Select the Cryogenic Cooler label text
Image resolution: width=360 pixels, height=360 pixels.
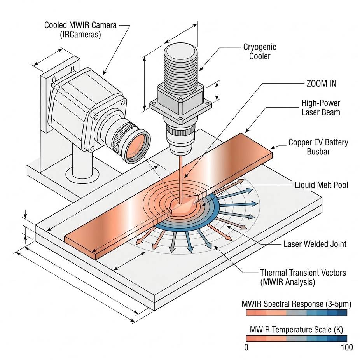point(260,52)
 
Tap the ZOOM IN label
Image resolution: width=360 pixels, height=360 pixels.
point(321,84)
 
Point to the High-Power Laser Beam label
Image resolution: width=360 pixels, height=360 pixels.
point(321,108)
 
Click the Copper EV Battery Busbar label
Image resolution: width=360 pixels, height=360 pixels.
point(318,147)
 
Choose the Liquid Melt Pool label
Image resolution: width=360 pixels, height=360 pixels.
point(321,185)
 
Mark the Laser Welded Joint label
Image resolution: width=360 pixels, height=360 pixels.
point(315,244)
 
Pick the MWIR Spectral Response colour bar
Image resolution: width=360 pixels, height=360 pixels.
point(296,313)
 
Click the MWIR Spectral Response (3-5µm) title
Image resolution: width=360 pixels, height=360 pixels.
point(294,304)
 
